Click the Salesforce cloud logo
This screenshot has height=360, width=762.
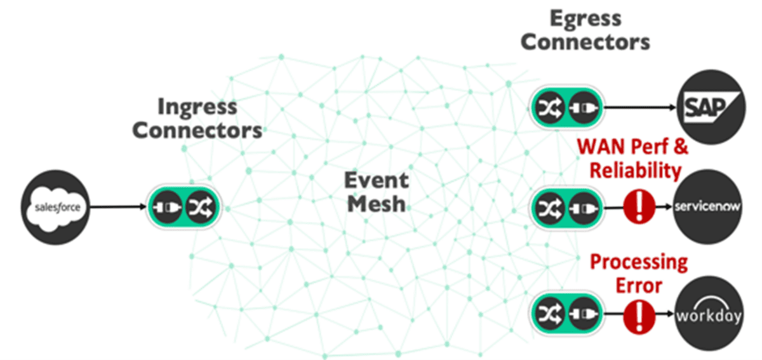(55, 206)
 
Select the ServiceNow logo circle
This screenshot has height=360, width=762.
(707, 207)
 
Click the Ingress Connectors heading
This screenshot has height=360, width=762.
(198, 118)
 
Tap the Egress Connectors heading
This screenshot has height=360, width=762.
(585, 30)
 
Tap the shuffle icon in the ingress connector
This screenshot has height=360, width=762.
(201, 206)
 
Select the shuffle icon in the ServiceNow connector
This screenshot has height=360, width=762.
(547, 207)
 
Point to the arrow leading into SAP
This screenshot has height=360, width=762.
(638, 107)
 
